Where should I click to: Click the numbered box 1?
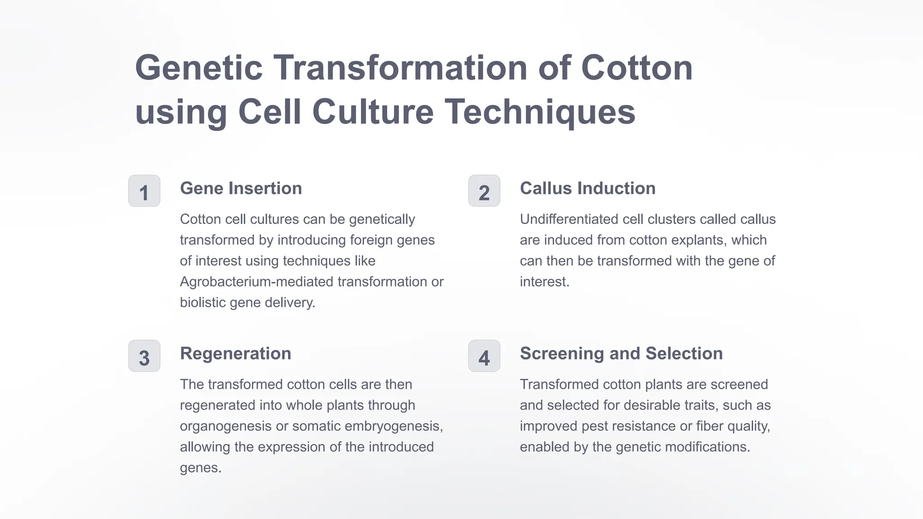pyautogui.click(x=144, y=191)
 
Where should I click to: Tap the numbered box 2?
pyautogui.click(x=484, y=191)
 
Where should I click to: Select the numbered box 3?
pyautogui.click(x=144, y=356)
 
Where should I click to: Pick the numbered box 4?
pyautogui.click(x=484, y=356)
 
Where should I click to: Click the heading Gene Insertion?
pyautogui.click(x=241, y=188)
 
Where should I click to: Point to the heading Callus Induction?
pyautogui.click(x=587, y=188)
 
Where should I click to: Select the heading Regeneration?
pyautogui.click(x=235, y=354)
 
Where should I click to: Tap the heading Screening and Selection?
pyautogui.click(x=621, y=354)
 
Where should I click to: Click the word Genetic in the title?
pyautogui.click(x=199, y=68)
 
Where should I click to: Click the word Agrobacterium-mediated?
pyautogui.click(x=256, y=282)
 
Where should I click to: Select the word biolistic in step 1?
pyautogui.click(x=203, y=303)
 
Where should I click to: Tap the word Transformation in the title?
pyautogui.click(x=400, y=68)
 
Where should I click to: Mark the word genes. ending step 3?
pyautogui.click(x=201, y=468)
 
